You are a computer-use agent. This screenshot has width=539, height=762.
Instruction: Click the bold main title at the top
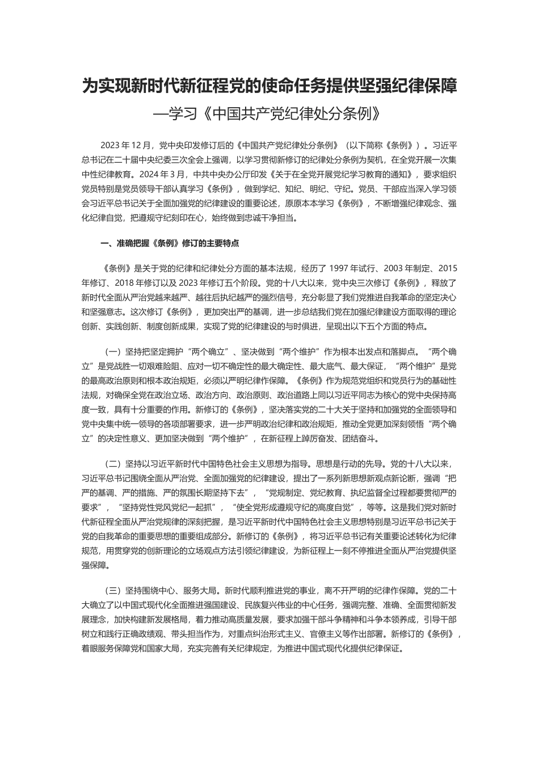[x=269, y=87]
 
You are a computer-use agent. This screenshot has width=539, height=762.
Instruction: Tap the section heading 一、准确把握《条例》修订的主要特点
[x=169, y=243]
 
